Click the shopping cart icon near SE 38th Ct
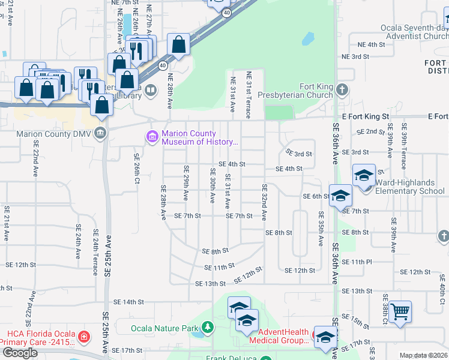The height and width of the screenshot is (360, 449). pyautogui.click(x=400, y=312)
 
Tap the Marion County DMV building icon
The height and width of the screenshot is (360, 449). pyautogui.click(x=100, y=133)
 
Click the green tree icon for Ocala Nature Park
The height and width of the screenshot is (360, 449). pyautogui.click(x=207, y=328)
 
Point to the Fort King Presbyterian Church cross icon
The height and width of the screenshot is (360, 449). pyautogui.click(x=342, y=91)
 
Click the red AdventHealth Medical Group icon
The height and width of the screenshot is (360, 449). pyautogui.click(x=317, y=332)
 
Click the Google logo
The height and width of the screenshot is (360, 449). pyautogui.click(x=20, y=353)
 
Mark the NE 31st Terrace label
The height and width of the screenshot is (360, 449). pyautogui.click(x=249, y=91)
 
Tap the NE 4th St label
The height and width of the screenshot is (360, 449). pyautogui.click(x=371, y=44)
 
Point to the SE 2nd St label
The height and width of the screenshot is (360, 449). pyautogui.click(x=370, y=131)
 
